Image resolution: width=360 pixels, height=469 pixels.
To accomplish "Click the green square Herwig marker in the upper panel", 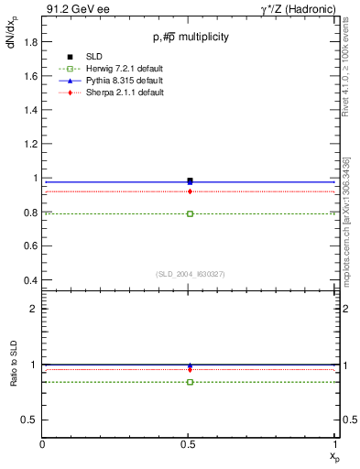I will point(190,213).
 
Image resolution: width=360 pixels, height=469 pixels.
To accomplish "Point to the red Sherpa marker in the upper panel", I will point(190,191).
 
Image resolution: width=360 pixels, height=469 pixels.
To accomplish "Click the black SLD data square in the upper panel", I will point(190,180).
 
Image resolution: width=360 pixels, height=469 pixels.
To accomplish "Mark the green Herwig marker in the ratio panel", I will point(190,382).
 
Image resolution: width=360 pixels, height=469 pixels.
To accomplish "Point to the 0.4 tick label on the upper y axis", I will point(30,280).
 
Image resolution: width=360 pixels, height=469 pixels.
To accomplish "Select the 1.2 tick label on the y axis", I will point(30,144).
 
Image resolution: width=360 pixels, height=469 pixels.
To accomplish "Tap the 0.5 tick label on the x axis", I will point(190,444).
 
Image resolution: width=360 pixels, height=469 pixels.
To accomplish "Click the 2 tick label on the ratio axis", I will point(33,309).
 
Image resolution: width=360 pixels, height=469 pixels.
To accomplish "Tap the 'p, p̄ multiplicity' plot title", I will point(191,37).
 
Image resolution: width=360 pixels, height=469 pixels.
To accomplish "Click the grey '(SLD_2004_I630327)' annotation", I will point(190,274).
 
